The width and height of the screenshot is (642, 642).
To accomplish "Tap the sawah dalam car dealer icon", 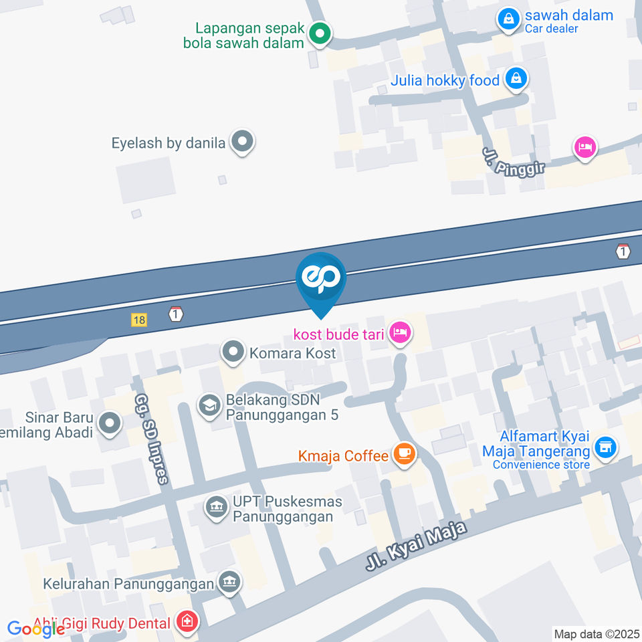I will point(509,19).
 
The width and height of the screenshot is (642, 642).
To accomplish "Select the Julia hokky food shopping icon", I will point(516,79).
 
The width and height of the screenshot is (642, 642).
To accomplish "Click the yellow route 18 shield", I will point(139,320).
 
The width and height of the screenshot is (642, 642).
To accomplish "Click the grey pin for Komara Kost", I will point(233,352).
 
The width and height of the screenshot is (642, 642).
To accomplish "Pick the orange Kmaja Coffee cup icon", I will point(404,454).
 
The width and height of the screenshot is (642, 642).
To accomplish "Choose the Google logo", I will point(36,629).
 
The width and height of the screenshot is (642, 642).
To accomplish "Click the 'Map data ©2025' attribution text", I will point(597,633).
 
